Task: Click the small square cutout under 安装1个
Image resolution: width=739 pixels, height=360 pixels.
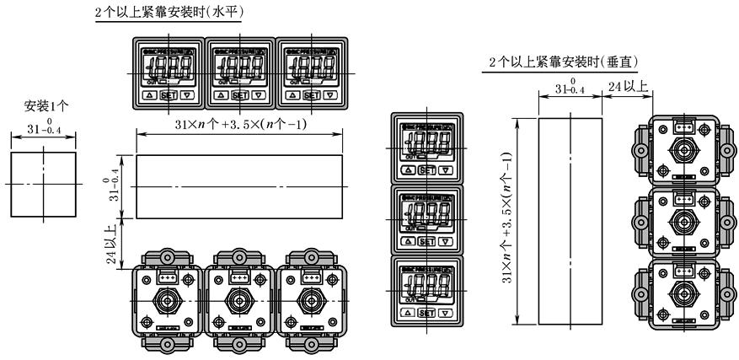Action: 43,184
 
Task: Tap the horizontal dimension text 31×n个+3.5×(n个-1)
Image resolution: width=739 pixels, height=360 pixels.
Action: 239,124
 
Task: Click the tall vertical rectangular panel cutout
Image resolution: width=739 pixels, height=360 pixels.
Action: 570,221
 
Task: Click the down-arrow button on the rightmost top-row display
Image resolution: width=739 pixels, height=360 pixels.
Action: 329,95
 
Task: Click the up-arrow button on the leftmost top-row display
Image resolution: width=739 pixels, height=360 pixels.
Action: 147,95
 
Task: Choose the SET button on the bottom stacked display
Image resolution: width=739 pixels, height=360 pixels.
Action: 427,312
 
